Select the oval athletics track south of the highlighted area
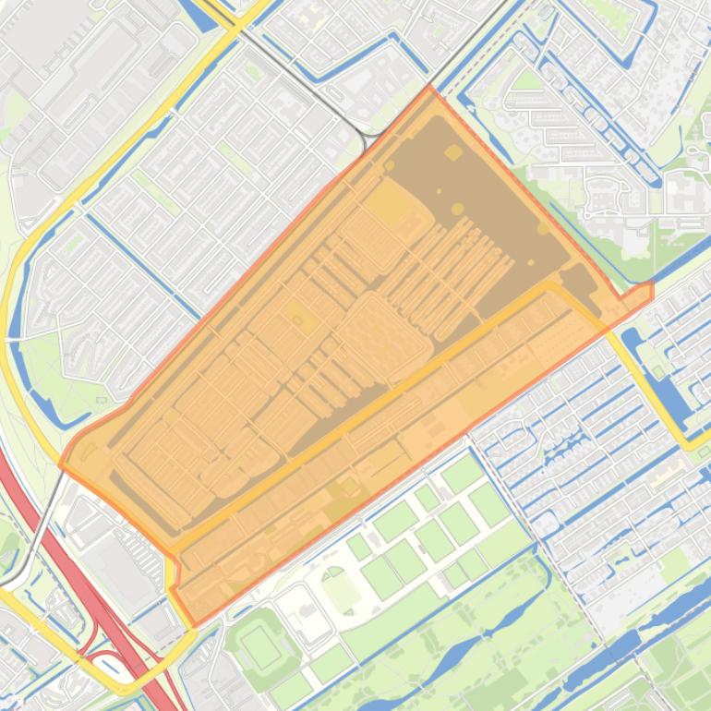pyautogui.click(x=341, y=590)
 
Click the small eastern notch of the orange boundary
pyautogui.click(x=649, y=290)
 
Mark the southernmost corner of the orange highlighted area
pyautogui.click(x=191, y=623)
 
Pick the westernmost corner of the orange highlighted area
pyautogui.click(x=63, y=464)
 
